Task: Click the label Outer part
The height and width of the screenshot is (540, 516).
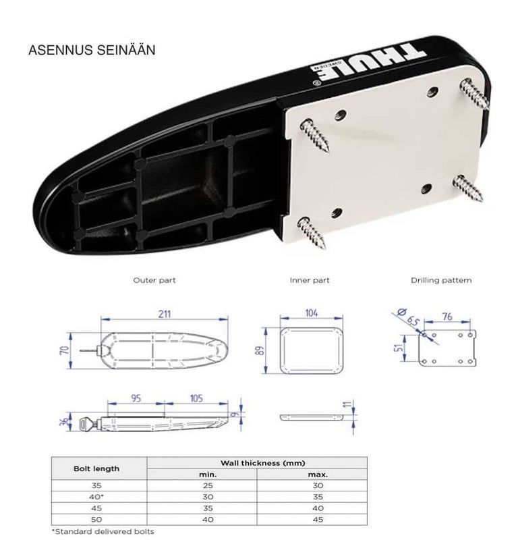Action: point(154,279)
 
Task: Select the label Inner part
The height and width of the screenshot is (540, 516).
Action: point(310,279)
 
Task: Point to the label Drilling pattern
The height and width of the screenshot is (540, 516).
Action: point(441,279)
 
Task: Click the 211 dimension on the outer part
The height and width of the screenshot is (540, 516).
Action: point(165,314)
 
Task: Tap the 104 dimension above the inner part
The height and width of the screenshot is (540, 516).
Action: point(312,314)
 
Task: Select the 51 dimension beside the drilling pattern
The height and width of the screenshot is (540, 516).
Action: point(399,349)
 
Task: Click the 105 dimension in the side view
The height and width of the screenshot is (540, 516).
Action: point(196,399)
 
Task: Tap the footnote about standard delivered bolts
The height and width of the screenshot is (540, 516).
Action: point(103,532)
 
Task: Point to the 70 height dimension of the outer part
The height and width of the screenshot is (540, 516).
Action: point(63,351)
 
